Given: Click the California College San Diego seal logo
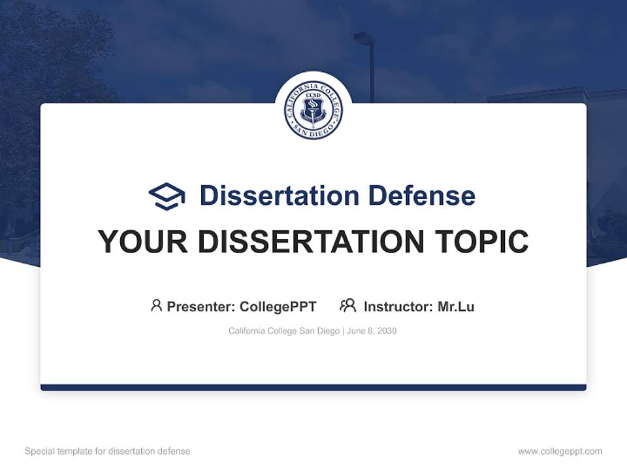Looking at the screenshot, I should click(x=313, y=110).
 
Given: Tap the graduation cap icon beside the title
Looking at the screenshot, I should click(x=167, y=196).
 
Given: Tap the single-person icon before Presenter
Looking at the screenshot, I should click(x=156, y=305).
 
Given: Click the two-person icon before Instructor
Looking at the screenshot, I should click(x=347, y=305).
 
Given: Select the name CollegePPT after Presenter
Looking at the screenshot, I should click(x=278, y=306).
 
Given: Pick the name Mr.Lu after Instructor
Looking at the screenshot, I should click(x=456, y=306).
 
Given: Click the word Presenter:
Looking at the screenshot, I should click(x=201, y=306).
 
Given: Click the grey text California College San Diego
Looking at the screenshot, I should click(x=283, y=331).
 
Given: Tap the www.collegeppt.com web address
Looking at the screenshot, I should click(x=560, y=451).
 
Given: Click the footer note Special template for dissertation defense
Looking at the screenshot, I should click(x=107, y=451).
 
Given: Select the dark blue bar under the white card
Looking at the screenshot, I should click(x=313, y=387).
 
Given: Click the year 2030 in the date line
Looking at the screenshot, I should click(x=386, y=331).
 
